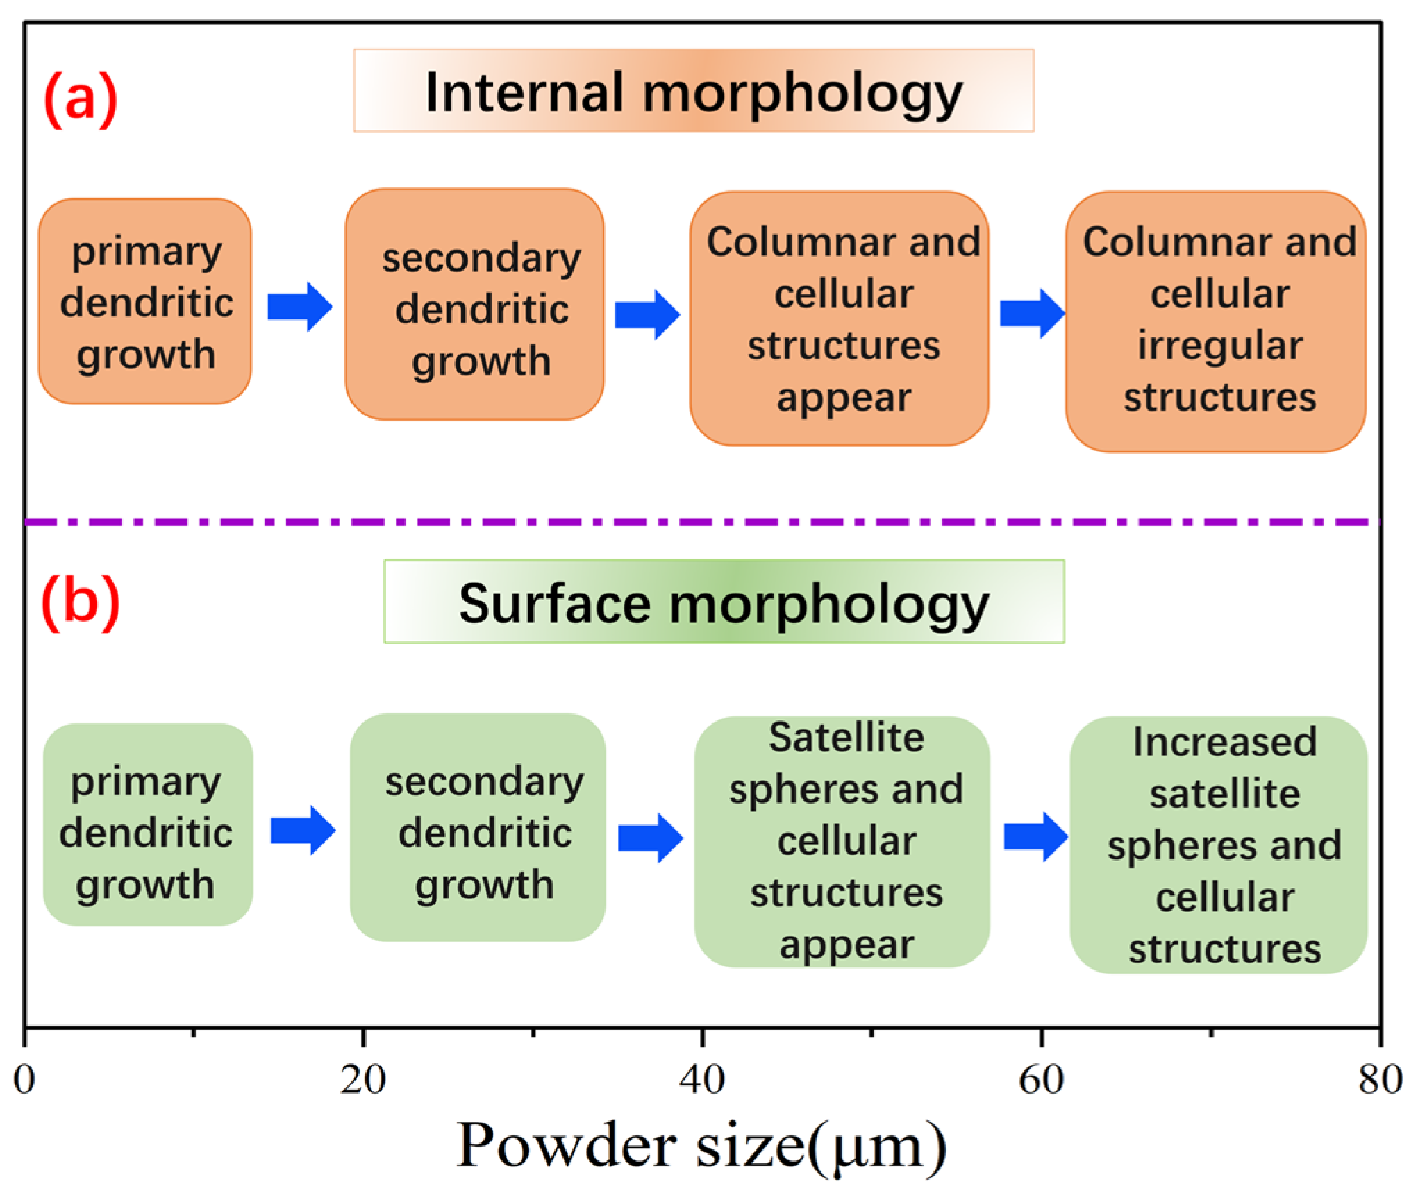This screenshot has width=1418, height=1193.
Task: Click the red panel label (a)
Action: [x=81, y=99]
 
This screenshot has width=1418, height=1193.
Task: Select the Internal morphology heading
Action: [x=693, y=91]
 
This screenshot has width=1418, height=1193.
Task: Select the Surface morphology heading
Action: [x=724, y=602]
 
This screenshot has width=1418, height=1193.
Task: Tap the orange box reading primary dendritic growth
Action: [x=145, y=302]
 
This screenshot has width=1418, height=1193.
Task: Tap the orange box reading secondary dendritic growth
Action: [x=475, y=305]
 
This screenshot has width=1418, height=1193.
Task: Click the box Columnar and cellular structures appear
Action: [x=839, y=319]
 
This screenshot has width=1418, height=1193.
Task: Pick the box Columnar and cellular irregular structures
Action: [x=1215, y=321]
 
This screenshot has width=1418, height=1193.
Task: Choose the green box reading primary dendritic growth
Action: [x=148, y=824]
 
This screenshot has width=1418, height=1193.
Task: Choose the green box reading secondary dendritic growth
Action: [x=478, y=828]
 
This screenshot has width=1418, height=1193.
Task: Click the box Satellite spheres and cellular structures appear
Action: [x=842, y=842]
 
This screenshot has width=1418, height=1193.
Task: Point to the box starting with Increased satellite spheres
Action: [x=1219, y=845]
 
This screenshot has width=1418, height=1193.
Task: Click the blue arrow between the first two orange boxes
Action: [x=299, y=307]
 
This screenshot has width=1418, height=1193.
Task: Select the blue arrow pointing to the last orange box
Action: [x=1032, y=314]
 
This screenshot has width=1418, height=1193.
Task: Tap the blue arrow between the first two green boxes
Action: [x=302, y=830]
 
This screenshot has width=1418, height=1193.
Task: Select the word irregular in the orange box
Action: [x=1219, y=345]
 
